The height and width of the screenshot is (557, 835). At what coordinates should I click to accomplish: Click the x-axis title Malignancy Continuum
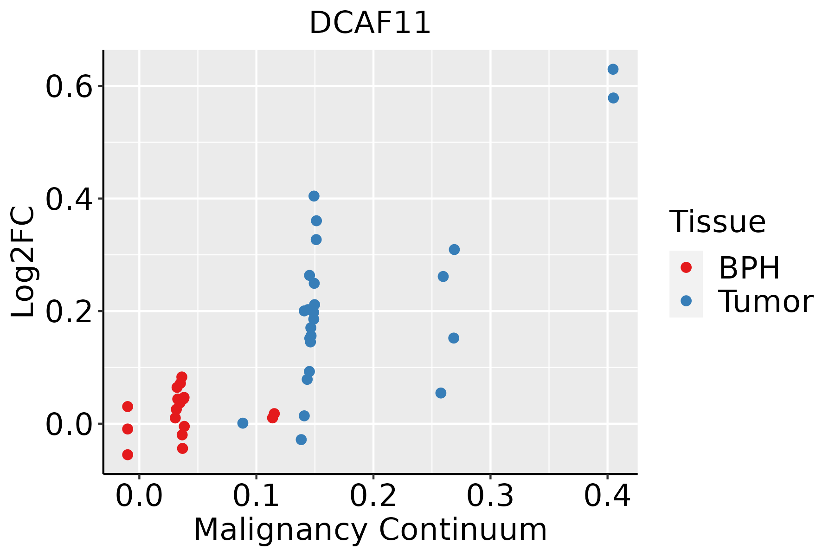(x=370, y=530)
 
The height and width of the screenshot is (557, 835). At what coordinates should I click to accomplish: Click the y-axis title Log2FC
(x=23, y=262)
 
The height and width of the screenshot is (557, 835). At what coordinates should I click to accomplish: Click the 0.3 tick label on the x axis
(x=490, y=495)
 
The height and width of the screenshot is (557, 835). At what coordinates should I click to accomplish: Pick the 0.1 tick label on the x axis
(x=256, y=495)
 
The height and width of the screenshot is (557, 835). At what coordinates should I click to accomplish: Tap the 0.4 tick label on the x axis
(x=607, y=495)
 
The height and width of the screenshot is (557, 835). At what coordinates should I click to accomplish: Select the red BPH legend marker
(x=686, y=267)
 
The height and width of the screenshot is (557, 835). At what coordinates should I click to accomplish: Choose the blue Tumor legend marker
(x=686, y=301)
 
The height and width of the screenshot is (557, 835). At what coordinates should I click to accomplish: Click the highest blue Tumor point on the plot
(x=613, y=69)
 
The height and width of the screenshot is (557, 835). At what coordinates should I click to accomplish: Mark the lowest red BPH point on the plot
(x=128, y=454)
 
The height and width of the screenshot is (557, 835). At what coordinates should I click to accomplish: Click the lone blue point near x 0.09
(x=243, y=423)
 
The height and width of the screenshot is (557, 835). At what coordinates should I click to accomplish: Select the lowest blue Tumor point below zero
(x=301, y=439)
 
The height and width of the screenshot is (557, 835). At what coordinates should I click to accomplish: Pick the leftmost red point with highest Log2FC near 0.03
(x=128, y=407)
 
